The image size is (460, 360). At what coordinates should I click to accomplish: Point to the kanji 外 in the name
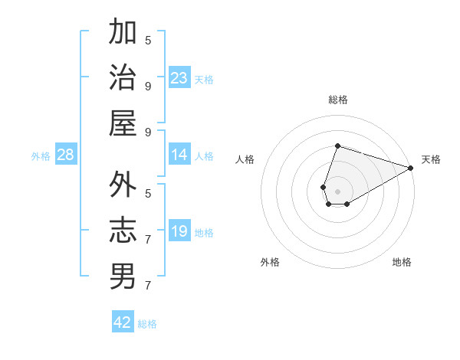[123, 185]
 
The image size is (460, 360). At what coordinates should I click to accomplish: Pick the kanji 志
[123, 231]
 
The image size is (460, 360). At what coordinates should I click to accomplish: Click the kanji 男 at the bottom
[123, 277]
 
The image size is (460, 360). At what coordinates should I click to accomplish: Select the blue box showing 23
[179, 78]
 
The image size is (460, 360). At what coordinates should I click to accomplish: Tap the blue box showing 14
[179, 155]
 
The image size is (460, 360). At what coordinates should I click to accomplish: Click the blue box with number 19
[179, 231]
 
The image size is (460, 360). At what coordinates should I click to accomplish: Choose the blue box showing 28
[66, 155]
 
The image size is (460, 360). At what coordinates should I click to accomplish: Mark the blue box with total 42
[123, 322]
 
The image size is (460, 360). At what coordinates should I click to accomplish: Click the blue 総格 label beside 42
[148, 324]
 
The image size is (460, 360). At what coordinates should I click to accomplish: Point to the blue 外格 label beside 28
[41, 156]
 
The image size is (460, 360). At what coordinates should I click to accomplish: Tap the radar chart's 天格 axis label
[431, 159]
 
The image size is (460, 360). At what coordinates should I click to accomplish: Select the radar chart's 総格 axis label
[338, 100]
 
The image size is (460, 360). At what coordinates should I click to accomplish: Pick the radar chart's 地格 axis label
[402, 262]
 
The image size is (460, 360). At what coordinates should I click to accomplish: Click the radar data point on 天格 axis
[411, 168]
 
